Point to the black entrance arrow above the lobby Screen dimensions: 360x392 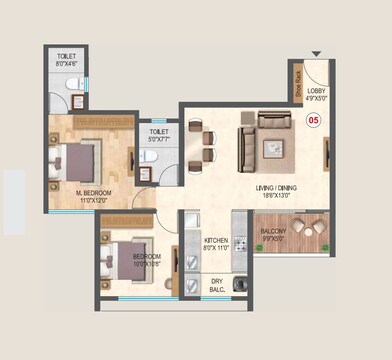click(x=317, y=53)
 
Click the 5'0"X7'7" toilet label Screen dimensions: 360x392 click(x=160, y=135)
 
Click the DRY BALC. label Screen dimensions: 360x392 click(x=216, y=287)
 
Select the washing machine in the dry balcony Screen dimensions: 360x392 click(x=239, y=286)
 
